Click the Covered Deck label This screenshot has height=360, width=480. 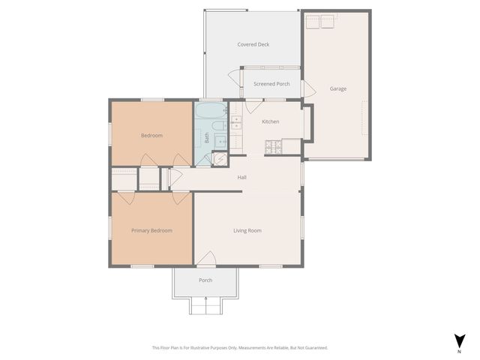coord(253,44)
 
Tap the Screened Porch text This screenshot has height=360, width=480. coord(271,84)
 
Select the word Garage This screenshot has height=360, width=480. coord(338,88)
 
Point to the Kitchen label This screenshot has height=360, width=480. coord(270,121)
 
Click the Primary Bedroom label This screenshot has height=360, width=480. coord(151,230)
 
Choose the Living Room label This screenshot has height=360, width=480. coord(247,230)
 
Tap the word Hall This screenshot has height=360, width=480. coord(242,178)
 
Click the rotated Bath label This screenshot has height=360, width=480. coord(207,137)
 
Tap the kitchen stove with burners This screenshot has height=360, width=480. coord(273,146)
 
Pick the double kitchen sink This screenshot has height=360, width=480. coord(236,123)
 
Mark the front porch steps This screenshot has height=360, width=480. coord(205,305)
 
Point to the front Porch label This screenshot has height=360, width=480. coord(205,280)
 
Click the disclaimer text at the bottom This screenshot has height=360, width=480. coord(239,347)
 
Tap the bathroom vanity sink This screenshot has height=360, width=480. coord(220,141)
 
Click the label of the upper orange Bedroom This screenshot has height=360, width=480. coord(151,136)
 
